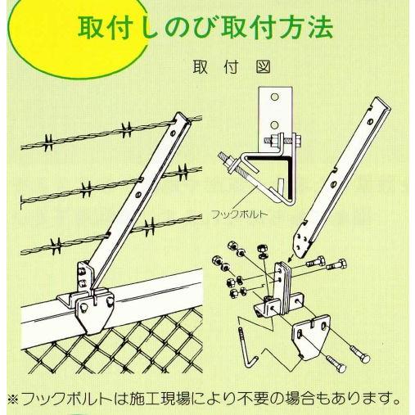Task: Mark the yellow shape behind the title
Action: pyautogui.click(x=25, y=33)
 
